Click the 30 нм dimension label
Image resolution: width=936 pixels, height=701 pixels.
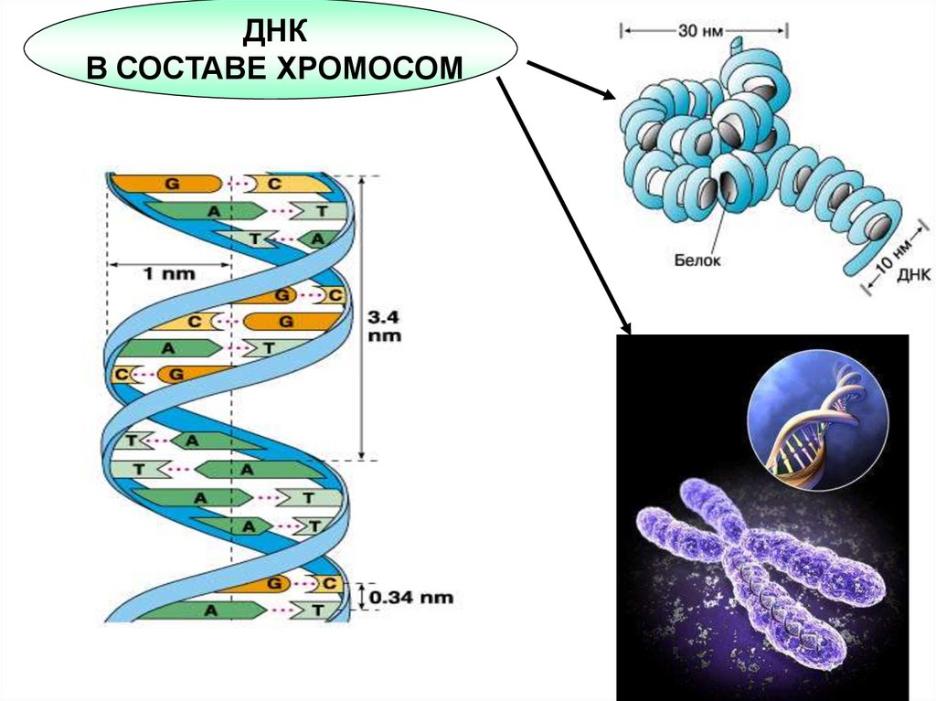tap(702, 31)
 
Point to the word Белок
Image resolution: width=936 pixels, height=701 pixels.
tap(698, 260)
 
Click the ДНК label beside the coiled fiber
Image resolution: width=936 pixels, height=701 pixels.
tap(914, 274)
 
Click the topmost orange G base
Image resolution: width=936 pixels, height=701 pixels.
tap(169, 183)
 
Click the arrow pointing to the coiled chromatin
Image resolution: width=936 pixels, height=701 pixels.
tap(571, 80)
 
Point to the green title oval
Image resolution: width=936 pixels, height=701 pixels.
tap(270, 51)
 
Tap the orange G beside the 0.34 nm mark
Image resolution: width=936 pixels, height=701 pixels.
tap(271, 583)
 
